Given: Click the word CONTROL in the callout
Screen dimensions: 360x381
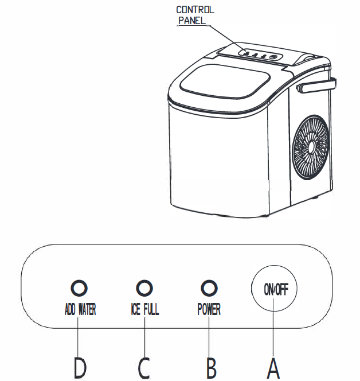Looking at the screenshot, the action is [195, 10].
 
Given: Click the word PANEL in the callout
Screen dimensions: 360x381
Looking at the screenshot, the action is [192, 20].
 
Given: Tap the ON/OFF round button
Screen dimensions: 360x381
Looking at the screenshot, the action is [274, 289].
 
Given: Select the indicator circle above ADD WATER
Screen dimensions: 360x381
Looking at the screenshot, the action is [79, 288].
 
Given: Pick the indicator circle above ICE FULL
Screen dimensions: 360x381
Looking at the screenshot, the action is [144, 288].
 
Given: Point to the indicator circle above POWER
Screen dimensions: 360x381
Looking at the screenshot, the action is [209, 288].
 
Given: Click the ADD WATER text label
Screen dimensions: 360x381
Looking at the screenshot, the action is [80, 309].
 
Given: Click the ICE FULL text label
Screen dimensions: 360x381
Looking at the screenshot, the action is [145, 309].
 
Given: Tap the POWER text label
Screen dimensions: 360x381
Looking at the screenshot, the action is [209, 309].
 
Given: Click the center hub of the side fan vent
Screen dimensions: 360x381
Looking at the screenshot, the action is [311, 146].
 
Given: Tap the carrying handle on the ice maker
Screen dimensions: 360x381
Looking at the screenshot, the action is [316, 85].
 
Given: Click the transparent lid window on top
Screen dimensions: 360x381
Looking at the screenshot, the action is [225, 81].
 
